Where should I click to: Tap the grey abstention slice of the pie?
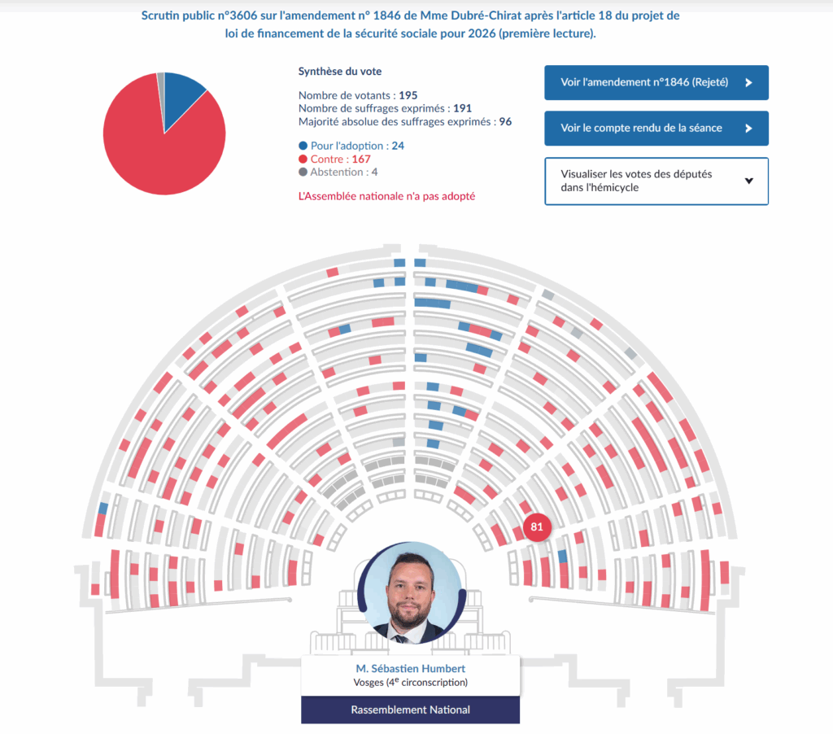click(161, 81)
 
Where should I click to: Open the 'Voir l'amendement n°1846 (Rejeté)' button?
click(656, 82)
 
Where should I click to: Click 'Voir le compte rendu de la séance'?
click(656, 128)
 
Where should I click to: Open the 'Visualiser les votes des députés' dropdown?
click(656, 181)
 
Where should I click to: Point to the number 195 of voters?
click(408, 95)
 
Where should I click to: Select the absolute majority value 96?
click(504, 121)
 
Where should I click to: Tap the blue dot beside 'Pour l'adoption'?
click(303, 146)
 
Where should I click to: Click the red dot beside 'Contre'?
click(303, 159)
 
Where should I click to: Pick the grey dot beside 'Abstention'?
click(303, 172)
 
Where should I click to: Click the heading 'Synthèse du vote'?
click(340, 72)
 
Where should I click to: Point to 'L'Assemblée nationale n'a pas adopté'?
click(386, 196)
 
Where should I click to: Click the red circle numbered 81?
click(537, 526)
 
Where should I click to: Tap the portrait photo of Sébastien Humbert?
click(411, 592)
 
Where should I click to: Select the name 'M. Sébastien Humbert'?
click(411, 669)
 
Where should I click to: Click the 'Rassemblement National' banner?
click(411, 710)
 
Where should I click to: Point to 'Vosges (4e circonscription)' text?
click(411, 683)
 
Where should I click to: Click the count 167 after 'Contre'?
click(360, 159)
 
